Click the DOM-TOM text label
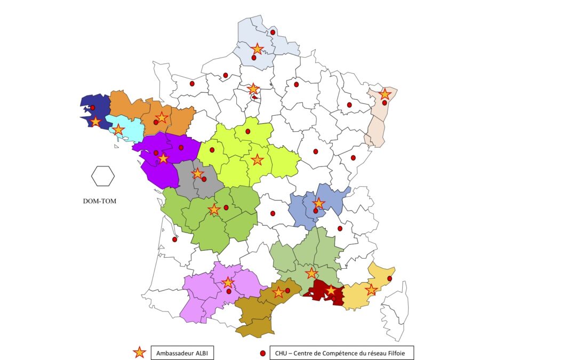[99, 202]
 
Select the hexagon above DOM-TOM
[102, 176]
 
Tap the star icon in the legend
[139, 352]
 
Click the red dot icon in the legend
[262, 353]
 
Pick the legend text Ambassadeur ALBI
[182, 353]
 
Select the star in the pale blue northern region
[257, 49]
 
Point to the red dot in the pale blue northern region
[273, 33]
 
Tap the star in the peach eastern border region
[385, 94]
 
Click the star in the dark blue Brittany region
[95, 122]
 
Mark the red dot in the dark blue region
[92, 108]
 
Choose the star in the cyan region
[118, 130]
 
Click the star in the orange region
[162, 118]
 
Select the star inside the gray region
[197, 173]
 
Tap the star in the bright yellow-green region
[257, 159]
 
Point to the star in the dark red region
[331, 290]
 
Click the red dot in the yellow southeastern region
[389, 278]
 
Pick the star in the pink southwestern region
[228, 282]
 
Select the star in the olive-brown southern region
[278, 292]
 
